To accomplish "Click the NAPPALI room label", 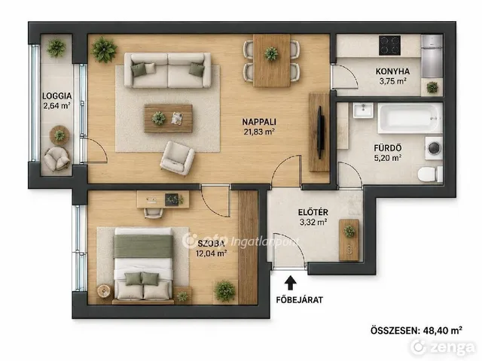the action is tap(259, 122).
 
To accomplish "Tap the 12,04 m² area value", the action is tap(211, 253).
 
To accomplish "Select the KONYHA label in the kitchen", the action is tap(392, 71).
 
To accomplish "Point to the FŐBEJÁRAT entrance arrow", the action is tap(290, 283).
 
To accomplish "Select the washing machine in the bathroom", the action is tap(434, 148).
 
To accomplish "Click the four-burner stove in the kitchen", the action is tap(389, 45).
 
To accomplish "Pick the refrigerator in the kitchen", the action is tap(432, 56).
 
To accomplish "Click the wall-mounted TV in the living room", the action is tap(320, 132).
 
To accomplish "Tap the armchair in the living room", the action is tap(178, 159).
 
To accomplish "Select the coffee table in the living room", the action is tap(168, 119).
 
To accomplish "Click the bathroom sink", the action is tap(363, 110).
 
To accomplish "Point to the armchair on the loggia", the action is tap(56, 159).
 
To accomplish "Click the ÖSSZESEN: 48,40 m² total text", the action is tap(416, 330).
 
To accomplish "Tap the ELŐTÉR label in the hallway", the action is tap(313, 212).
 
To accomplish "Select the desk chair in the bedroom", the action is tap(154, 213).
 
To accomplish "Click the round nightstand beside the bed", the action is tap(104, 291).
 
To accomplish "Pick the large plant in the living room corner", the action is tap(104, 50).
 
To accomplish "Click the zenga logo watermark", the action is tap(444, 347).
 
